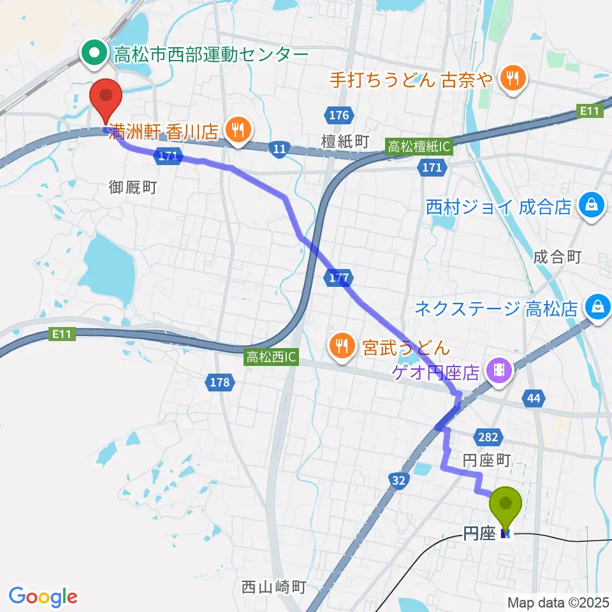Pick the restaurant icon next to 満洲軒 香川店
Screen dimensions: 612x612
tap(238, 132)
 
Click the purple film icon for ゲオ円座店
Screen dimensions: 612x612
tap(497, 369)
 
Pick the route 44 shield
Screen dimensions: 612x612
tap(534, 399)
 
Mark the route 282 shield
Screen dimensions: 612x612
tap(486, 436)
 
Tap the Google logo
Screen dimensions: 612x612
tap(43, 597)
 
